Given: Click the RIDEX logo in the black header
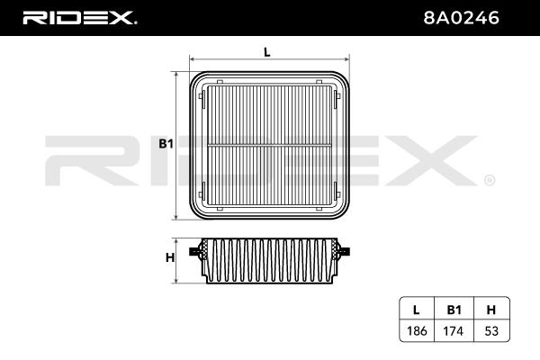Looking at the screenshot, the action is (x=79, y=18).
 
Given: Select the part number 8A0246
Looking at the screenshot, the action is (x=461, y=18).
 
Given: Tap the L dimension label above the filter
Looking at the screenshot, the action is (x=267, y=52).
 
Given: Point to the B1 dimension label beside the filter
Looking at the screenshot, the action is (x=166, y=144).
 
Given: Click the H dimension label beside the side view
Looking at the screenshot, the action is (x=170, y=257).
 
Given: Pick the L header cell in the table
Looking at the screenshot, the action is (x=417, y=310).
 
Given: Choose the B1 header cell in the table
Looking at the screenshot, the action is (x=454, y=310).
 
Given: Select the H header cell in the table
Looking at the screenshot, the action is (x=491, y=310).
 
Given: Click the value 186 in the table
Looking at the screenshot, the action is (x=417, y=331).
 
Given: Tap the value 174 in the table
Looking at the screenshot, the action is (x=454, y=331).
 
